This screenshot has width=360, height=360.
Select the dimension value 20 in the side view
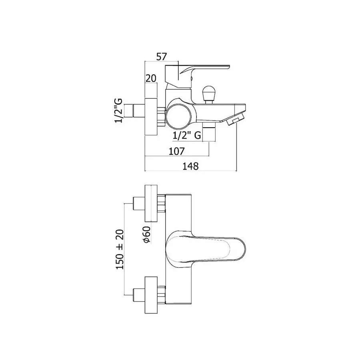(151, 78)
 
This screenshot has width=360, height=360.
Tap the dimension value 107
(176, 151)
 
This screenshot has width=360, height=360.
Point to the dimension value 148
(190, 166)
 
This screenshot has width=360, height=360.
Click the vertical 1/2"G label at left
(118, 111)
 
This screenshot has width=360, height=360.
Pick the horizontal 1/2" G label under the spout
(187, 136)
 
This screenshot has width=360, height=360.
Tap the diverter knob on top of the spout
(208, 94)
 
